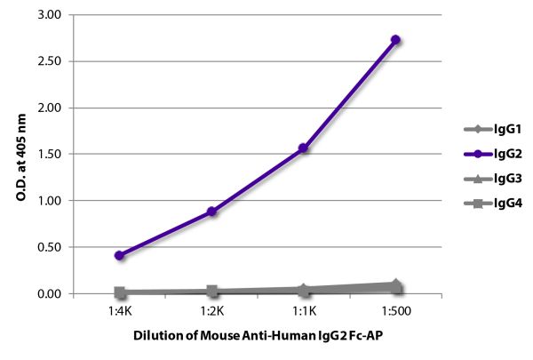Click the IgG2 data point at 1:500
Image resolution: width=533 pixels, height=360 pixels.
pos(395,40)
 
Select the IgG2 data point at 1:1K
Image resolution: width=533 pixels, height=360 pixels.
pos(304,148)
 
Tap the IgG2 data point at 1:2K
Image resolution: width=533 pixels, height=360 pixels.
pos(211,212)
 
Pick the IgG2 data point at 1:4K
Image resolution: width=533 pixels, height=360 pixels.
pos(120,255)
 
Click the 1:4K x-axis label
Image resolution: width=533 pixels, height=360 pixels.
pos(120,313)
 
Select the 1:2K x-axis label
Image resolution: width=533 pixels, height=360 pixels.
pos(211,313)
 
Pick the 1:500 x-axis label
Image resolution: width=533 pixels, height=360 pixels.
pos(395,313)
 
